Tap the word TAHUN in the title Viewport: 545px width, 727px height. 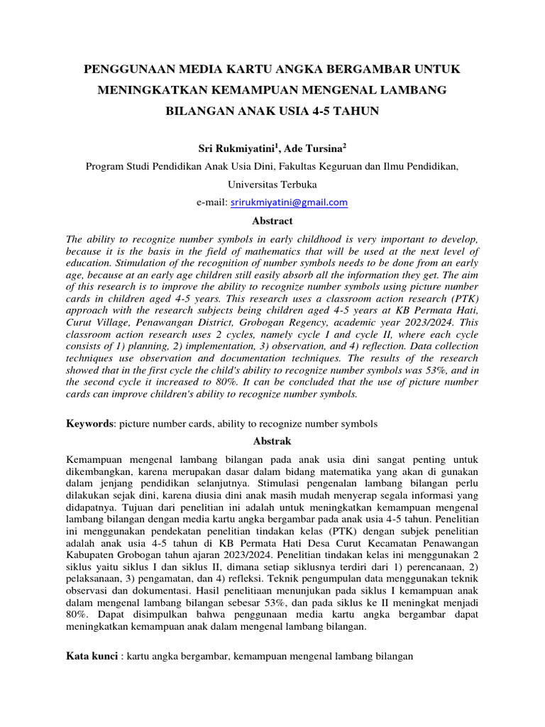pos(356,111)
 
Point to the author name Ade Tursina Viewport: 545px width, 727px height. pos(312,148)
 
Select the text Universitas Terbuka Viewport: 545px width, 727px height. pos(272,184)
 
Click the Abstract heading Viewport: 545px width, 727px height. pos(272,221)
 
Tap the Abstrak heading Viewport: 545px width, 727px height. pos(272,441)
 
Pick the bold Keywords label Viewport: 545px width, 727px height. pos(90,423)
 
